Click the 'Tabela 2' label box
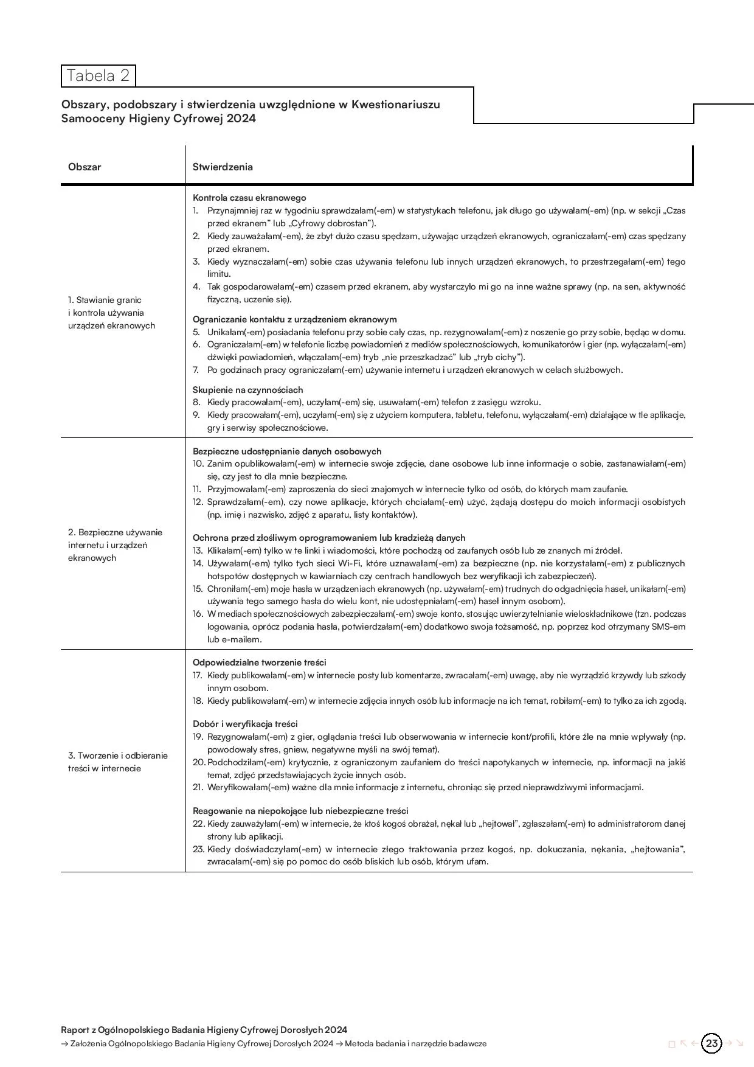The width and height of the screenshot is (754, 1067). pos(98,76)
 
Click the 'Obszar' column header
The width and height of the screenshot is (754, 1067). pos(85,167)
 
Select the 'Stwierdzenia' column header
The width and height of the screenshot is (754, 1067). pos(223,167)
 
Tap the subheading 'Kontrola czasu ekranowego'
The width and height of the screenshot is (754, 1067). pos(249,198)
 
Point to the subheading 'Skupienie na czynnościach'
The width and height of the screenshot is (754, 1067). pos(247,390)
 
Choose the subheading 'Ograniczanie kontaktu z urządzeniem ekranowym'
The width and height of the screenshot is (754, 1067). pos(294,319)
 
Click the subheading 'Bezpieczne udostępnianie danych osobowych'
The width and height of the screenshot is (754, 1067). pos(287,451)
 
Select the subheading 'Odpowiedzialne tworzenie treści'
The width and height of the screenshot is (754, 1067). pos(260,662)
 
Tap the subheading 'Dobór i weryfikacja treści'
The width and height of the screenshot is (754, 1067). pos(245,724)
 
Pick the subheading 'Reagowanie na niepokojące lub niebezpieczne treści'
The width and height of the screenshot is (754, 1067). pos(300,811)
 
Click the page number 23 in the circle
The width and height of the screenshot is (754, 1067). pos(712,1044)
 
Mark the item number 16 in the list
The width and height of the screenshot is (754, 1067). pos(198,614)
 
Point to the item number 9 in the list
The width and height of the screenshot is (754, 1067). pos(196,415)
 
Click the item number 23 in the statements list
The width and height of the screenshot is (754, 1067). pos(199,849)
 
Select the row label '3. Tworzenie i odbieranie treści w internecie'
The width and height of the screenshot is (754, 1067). pos(117,762)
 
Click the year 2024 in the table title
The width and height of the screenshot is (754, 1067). pos(241,119)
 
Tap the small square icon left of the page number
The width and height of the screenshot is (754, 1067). pos(672,1044)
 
